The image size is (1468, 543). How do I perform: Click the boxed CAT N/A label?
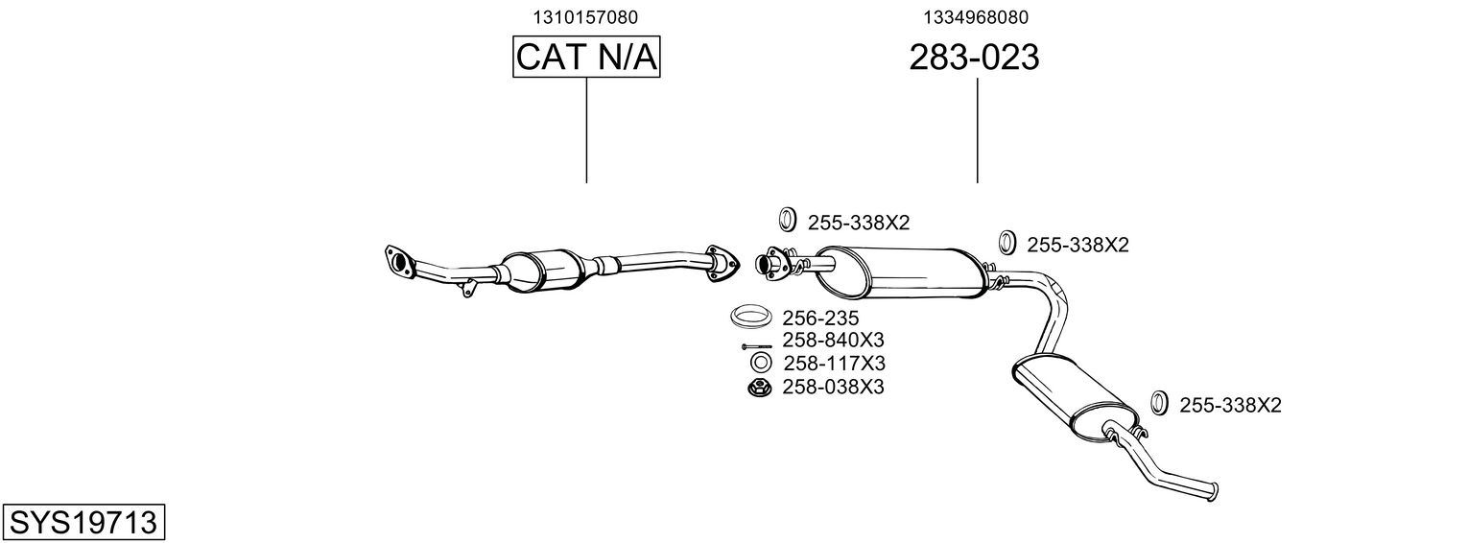(x=586, y=58)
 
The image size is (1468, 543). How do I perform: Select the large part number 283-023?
(x=974, y=59)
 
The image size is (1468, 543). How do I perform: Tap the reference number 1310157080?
(x=585, y=17)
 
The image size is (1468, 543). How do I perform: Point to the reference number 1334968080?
(x=977, y=17)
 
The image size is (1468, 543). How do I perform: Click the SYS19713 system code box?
(x=83, y=523)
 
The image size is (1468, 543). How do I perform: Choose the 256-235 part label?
(x=820, y=318)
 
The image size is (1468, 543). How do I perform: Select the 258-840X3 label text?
(x=833, y=341)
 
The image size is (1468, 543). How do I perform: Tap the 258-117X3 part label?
(x=834, y=364)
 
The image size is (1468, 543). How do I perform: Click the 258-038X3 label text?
(x=833, y=387)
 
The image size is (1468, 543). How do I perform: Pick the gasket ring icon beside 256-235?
(x=753, y=316)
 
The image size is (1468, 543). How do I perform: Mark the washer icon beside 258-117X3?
(x=760, y=364)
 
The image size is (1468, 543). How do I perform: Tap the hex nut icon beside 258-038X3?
(x=760, y=388)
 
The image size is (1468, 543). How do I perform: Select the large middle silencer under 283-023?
(x=902, y=270)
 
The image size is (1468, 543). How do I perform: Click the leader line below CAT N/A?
(x=586, y=130)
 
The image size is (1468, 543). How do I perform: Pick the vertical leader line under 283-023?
(x=977, y=130)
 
